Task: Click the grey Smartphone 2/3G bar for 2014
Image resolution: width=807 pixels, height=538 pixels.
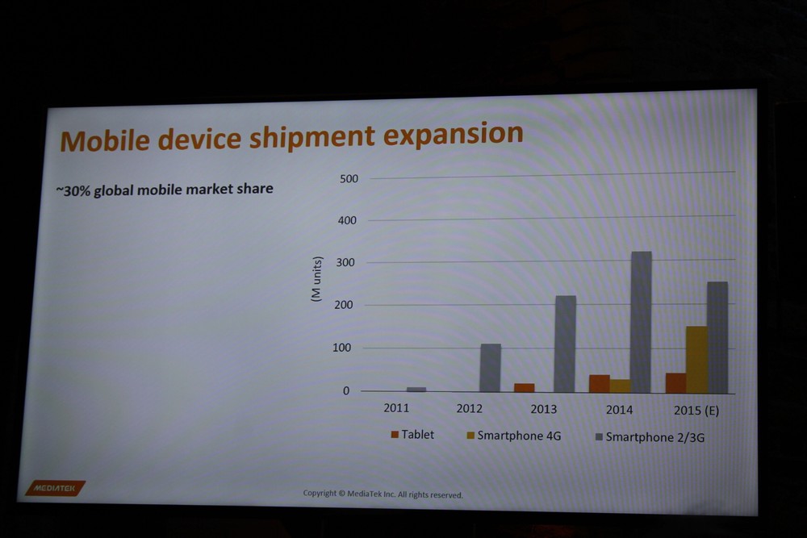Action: click(641, 322)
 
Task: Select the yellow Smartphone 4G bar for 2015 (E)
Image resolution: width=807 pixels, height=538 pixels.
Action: click(696, 360)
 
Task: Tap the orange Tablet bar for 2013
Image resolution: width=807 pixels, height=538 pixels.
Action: click(525, 388)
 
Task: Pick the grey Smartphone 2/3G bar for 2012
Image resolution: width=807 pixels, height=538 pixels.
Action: click(490, 368)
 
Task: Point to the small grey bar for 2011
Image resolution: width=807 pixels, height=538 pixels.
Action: click(416, 390)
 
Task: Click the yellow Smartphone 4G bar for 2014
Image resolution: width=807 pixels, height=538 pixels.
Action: click(620, 386)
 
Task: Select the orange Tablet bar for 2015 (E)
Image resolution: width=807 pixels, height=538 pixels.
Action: click(675, 382)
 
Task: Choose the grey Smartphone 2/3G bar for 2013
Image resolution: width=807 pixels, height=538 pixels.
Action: click(565, 344)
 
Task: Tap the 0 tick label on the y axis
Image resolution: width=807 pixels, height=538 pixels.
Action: click(346, 391)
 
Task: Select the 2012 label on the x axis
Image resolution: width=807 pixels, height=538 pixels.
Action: click(469, 409)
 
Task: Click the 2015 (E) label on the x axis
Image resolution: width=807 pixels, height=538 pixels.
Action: click(696, 411)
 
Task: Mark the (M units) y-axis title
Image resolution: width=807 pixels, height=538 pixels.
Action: click(316, 279)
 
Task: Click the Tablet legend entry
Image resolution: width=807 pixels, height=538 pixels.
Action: click(412, 435)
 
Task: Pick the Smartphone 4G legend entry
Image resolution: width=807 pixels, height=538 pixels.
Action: click(513, 436)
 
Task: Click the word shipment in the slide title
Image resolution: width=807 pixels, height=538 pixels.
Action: click(313, 137)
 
